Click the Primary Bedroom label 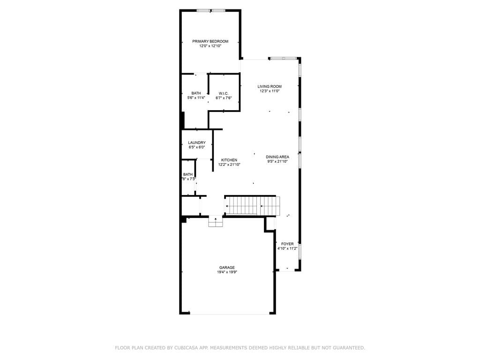(210, 41)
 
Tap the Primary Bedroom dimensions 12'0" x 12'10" (210, 46)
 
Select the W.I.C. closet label (224, 93)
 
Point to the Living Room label (270, 86)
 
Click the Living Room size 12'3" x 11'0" (270, 91)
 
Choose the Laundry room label (197, 142)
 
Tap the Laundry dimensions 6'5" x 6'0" (197, 147)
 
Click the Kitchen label (229, 160)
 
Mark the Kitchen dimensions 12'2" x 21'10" (229, 165)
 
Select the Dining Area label (277, 157)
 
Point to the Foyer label (287, 244)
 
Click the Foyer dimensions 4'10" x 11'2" (287, 248)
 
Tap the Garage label (227, 268)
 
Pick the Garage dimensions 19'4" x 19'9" (227, 272)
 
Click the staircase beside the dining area (253, 206)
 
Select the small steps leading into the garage (216, 221)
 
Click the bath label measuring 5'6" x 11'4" (196, 93)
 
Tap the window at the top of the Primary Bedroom (210, 10)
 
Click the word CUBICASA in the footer (186, 348)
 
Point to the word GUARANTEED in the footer (348, 348)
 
